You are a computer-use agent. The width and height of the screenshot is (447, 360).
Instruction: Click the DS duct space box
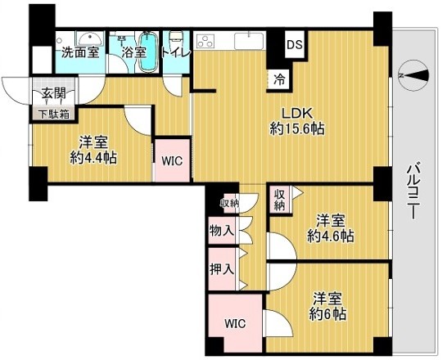pos(295,45)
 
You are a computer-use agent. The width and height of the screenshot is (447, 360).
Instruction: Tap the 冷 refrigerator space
pos(278,79)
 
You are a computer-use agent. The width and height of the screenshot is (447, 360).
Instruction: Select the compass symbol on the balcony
pos(413,76)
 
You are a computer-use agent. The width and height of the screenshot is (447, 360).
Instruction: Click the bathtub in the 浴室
pos(148,51)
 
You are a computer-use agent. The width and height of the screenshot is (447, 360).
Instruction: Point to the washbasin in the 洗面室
pos(88,38)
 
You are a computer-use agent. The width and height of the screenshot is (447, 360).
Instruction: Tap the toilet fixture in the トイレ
pos(175,40)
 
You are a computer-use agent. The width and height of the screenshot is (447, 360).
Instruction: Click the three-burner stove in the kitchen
pos(205,41)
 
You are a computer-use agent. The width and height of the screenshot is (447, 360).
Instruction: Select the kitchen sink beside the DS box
pos(249,41)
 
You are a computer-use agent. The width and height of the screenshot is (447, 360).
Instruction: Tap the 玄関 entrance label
pos(54,93)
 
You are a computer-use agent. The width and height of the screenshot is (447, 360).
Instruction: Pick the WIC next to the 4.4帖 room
pos(172,160)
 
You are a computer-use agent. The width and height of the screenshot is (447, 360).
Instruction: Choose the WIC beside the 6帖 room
pos(235,323)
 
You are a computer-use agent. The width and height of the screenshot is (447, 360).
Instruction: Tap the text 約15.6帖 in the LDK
pos(296,129)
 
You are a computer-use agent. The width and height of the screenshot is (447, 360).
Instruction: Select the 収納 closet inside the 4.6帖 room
pos(280,200)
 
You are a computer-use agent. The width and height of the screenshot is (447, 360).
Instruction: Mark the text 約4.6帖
pos(331,236)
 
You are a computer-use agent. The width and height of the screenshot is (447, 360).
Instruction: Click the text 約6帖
pos(327,314)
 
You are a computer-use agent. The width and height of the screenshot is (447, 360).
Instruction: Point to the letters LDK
pos(298,114)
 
